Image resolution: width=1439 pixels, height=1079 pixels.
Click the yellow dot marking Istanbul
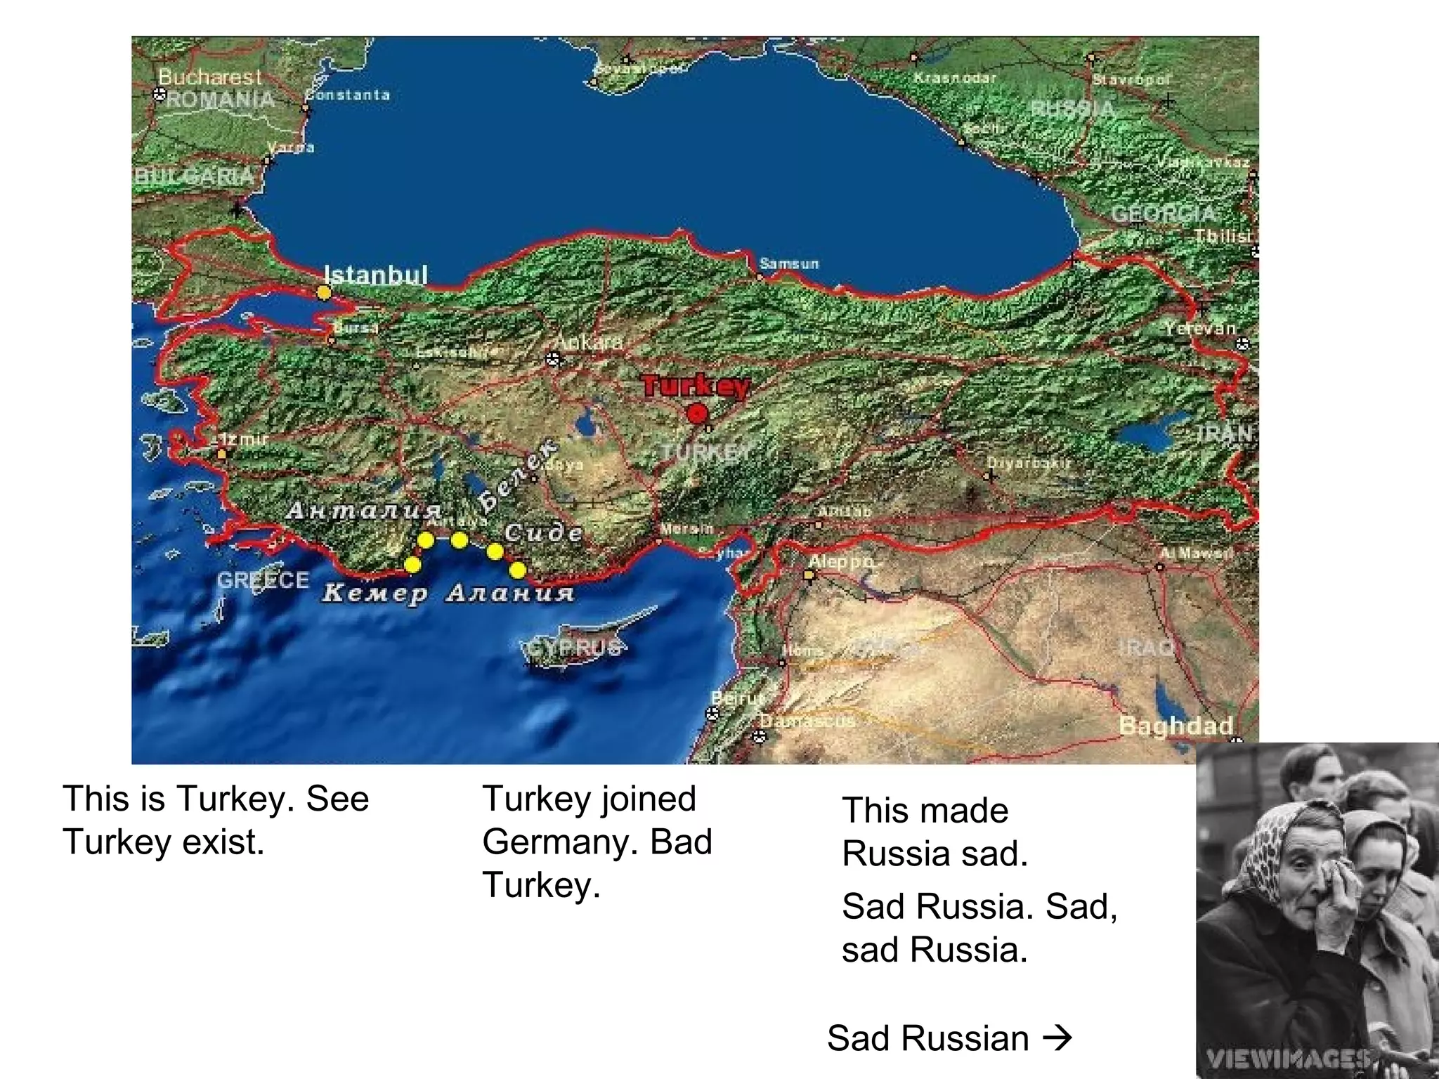[x=323, y=292]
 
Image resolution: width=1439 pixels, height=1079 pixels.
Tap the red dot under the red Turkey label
[x=696, y=414]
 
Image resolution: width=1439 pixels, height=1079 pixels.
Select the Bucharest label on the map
[x=209, y=77]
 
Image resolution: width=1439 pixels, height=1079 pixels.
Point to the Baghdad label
[x=1176, y=726]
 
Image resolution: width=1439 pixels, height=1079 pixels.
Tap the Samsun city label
[x=789, y=264]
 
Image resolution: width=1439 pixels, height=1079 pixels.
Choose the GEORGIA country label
[x=1163, y=214]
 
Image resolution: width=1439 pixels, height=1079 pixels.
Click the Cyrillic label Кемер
[x=375, y=594]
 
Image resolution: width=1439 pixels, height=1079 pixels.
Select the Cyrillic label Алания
[x=511, y=594]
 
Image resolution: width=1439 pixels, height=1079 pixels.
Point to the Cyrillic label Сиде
[x=543, y=533]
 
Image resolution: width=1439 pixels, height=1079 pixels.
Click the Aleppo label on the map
[x=842, y=561]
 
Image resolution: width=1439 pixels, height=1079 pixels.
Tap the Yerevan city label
[x=1199, y=328]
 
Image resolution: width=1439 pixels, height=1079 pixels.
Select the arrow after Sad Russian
[x=1057, y=1038]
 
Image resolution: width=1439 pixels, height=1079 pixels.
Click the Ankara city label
[x=588, y=342]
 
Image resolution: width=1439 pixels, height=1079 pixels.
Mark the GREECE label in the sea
[x=263, y=580]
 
